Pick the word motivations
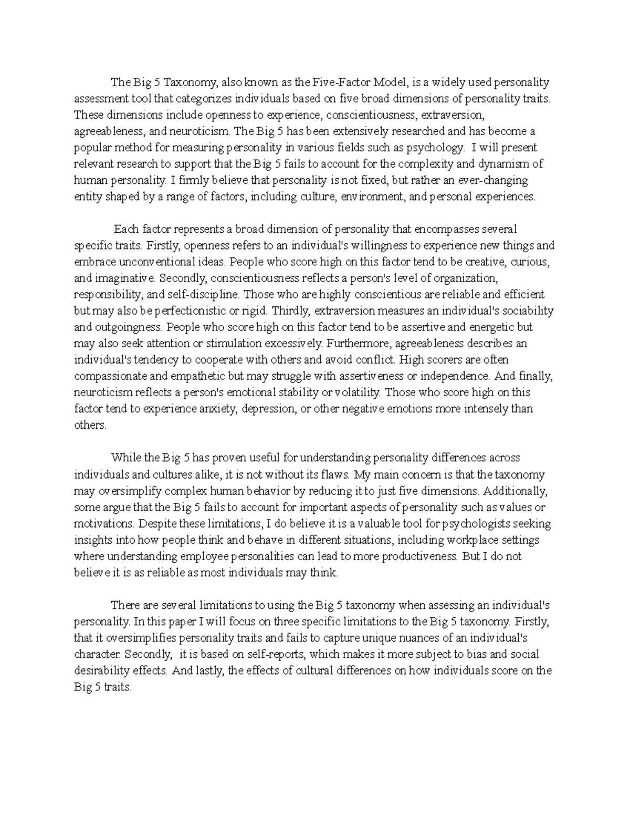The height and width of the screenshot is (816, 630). coord(103,524)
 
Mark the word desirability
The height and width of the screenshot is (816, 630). coord(101,670)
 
